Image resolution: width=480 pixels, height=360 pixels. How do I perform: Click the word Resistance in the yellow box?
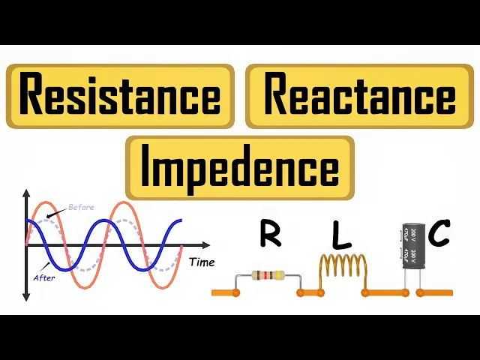[x=120, y=96]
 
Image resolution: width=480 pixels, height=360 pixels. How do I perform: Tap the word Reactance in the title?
[x=360, y=96]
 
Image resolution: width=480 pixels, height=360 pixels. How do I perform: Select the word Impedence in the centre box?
[x=240, y=167]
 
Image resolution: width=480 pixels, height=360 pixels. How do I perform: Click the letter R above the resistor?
[x=270, y=234]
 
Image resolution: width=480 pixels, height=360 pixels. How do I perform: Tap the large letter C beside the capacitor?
[x=439, y=234]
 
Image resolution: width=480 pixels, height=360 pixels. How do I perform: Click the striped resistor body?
[x=268, y=275]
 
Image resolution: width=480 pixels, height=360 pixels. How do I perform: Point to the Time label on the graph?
[x=202, y=262]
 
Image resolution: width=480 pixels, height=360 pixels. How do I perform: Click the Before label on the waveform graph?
[x=81, y=207]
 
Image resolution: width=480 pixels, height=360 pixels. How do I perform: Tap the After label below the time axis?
[x=44, y=277]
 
